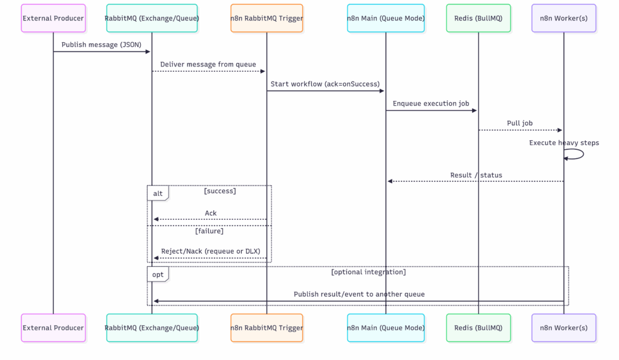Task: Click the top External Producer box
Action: point(53,18)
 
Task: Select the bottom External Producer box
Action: point(53,327)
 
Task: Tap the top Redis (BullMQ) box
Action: point(479,18)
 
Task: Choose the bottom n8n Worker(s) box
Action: point(564,327)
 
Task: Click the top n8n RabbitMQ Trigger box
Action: point(267,18)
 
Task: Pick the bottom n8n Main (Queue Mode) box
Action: point(386,327)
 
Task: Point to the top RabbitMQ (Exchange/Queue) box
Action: point(152,18)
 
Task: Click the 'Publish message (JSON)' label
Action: point(102,45)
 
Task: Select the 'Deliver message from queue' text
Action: point(208,64)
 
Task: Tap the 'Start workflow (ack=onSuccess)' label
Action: point(325,84)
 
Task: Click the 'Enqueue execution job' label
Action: point(431,103)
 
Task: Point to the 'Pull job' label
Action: point(520,123)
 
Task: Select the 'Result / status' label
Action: point(476,175)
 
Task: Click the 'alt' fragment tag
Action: point(158,193)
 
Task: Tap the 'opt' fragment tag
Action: point(158,274)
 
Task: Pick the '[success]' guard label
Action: point(220,191)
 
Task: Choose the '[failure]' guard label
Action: point(209,231)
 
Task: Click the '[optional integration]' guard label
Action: point(368,272)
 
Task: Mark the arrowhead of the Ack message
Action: point(156,219)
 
